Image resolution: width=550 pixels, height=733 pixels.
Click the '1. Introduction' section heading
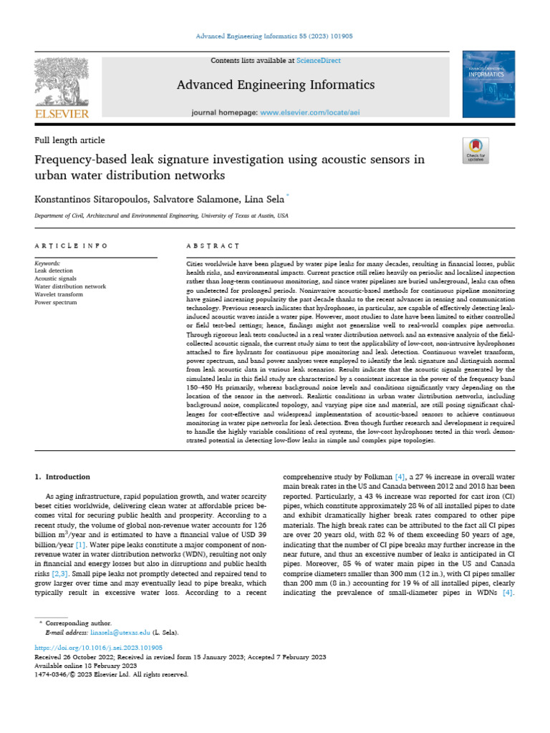(62, 476)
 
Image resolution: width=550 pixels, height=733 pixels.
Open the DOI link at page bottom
(94, 647)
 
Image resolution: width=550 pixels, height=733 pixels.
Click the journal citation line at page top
(275, 36)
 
